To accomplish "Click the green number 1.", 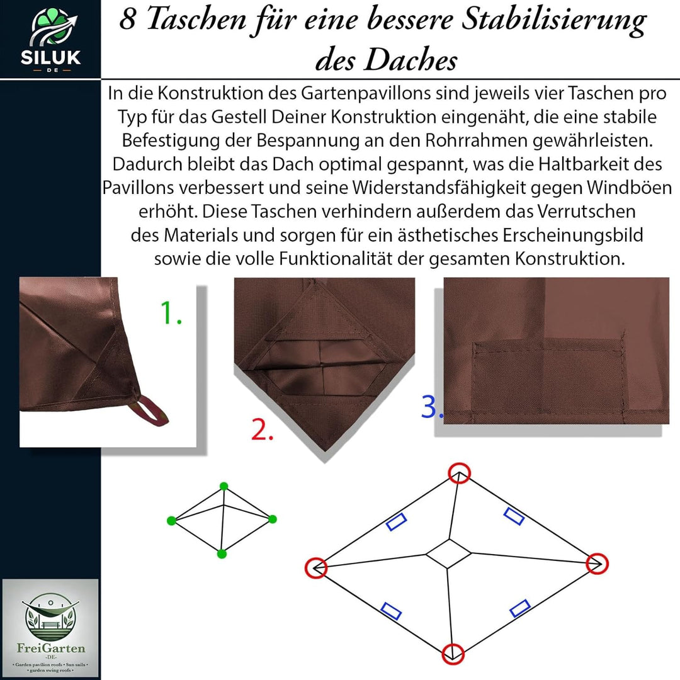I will click(170, 313).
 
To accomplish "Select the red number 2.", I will click(262, 429).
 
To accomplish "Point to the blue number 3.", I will click(432, 407).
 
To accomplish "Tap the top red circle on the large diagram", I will click(459, 473).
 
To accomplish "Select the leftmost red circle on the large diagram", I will click(316, 567).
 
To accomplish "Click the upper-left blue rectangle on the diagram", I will click(396, 522).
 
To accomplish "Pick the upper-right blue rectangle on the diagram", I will click(514, 516).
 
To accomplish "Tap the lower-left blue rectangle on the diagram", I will click(391, 611).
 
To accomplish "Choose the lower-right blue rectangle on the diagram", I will click(519, 608).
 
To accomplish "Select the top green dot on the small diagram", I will click(224, 486).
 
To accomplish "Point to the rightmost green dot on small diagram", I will click(273, 519).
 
